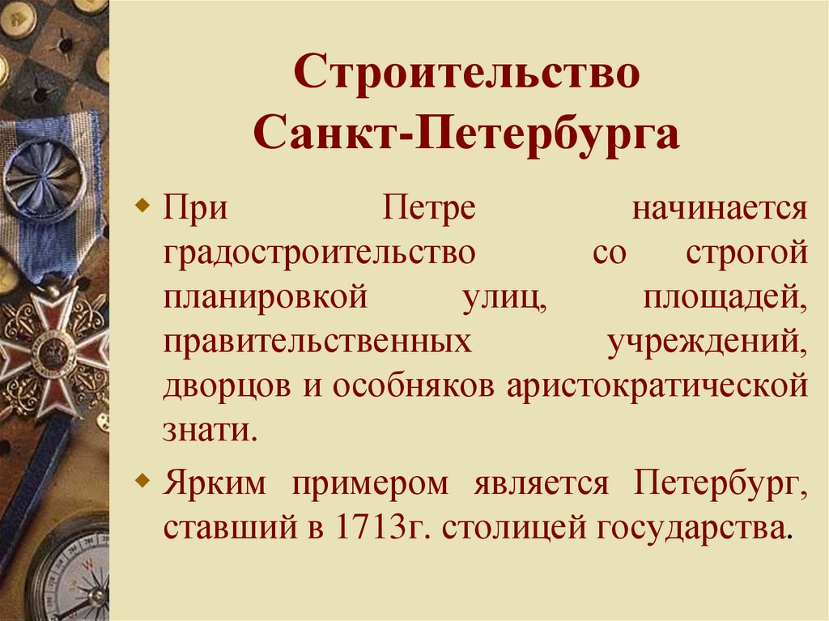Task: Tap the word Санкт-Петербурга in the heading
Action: [466, 135]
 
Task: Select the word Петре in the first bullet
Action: [427, 210]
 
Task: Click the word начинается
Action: [720, 210]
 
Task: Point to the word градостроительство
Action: [320, 253]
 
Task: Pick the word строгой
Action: [746, 253]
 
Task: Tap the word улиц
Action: [501, 297]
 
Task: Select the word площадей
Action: [726, 297]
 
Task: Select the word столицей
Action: [515, 528]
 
